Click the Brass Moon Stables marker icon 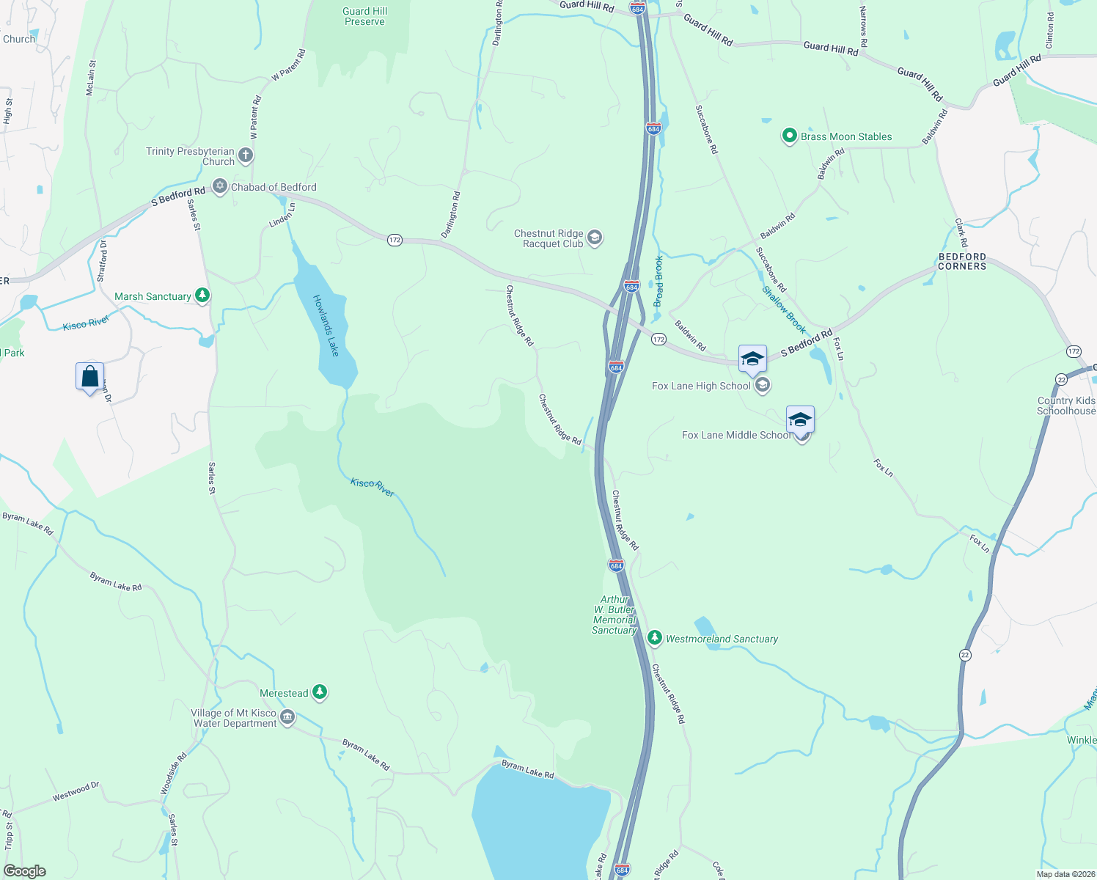789,136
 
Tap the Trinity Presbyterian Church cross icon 246,155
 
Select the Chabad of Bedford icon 220,186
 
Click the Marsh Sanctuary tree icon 202,296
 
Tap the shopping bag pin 89,377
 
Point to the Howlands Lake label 326,326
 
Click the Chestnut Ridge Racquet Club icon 595,238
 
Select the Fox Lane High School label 701,386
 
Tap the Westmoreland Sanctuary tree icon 655,638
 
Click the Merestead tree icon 319,692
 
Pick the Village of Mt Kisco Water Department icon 287,717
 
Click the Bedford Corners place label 962,262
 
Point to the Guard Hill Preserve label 365,16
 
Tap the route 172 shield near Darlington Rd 395,241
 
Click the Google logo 24,870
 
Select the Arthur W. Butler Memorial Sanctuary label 614,615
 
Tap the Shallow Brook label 784,309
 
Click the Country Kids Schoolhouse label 1066,406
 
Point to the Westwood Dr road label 76,792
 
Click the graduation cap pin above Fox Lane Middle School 799,420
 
